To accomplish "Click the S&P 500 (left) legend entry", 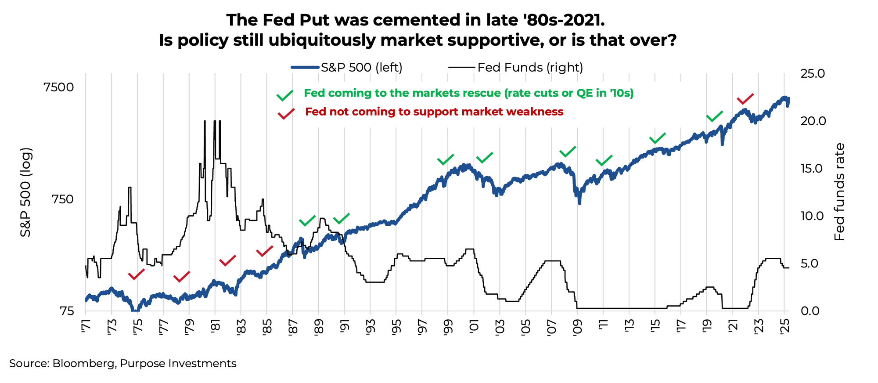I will [347, 68].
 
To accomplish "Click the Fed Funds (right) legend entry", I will [516, 68].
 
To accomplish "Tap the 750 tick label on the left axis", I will [62, 199].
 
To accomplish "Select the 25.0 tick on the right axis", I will [813, 74].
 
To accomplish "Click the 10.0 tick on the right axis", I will [813, 216].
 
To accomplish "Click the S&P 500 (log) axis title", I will [26, 192].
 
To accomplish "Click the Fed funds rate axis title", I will [839, 192].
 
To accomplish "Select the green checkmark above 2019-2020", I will [714, 116].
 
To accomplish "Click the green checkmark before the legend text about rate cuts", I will [285, 95].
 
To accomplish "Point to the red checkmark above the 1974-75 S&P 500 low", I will [136, 275].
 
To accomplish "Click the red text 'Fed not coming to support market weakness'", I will [434, 112].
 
